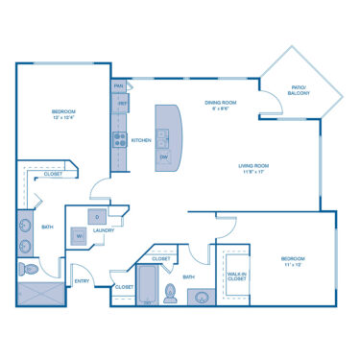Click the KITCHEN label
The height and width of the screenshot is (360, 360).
tap(141, 140)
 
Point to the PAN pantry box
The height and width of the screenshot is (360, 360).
tap(119, 86)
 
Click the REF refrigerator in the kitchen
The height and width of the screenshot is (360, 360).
tap(121, 104)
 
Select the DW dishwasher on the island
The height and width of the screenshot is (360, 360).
tap(164, 156)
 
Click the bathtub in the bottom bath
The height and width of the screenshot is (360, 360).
tap(149, 285)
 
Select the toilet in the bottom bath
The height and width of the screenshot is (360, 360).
tap(171, 293)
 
